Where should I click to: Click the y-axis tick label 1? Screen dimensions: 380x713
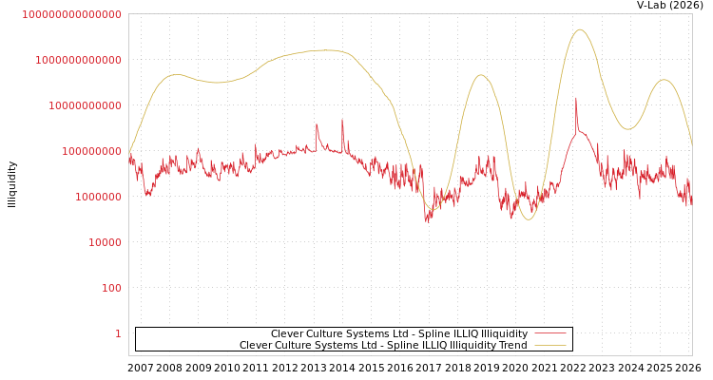point(118,333)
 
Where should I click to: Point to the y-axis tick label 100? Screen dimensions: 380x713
point(111,288)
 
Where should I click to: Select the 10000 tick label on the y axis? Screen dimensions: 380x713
point(105,242)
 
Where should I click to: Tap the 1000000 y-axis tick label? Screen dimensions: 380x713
point(98,197)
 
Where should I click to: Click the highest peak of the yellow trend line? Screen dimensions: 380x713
point(580,29)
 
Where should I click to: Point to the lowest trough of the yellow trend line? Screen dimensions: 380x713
point(528,219)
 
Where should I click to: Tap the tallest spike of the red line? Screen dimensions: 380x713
point(575,97)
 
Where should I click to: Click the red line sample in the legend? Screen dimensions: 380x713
point(549,333)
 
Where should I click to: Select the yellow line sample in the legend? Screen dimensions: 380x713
point(549,346)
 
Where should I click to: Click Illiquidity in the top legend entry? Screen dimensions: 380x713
point(504,333)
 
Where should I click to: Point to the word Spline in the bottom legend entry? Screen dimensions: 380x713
point(403,346)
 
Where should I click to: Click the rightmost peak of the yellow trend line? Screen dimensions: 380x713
point(664,80)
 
